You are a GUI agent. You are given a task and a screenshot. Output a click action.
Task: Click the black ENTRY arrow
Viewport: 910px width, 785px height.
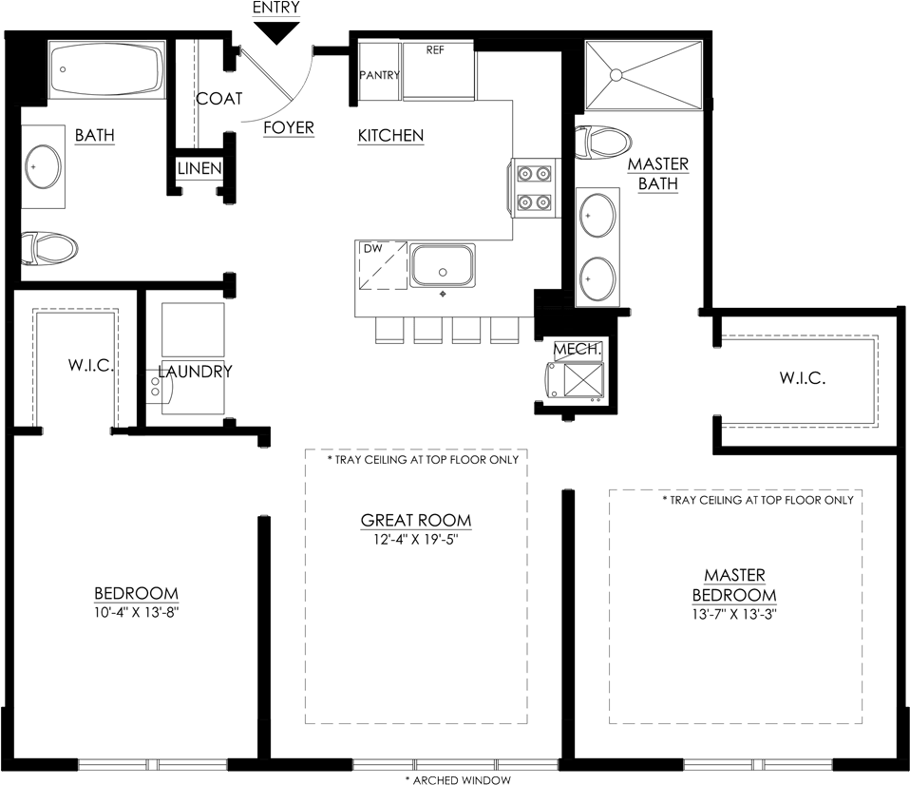click(276, 33)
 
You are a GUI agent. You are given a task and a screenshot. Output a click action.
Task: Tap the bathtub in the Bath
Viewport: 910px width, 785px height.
click(106, 70)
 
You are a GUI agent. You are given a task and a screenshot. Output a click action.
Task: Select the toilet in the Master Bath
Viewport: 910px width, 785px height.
click(603, 143)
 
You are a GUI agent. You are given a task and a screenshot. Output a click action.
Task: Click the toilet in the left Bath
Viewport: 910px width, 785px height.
click(48, 248)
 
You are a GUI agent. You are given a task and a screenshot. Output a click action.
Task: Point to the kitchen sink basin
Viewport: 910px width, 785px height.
click(443, 265)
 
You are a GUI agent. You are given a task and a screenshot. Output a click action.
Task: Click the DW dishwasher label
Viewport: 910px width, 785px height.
click(373, 248)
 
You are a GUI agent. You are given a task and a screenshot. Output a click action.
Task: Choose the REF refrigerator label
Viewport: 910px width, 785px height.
click(435, 50)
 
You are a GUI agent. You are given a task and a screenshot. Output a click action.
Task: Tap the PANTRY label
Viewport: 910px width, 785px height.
click(380, 75)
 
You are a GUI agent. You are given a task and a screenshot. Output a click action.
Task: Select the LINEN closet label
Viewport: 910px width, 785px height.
click(199, 168)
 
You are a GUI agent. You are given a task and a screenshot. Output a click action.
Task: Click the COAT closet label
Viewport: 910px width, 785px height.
click(218, 99)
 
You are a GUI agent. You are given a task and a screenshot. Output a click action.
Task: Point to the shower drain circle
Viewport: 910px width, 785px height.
click(616, 75)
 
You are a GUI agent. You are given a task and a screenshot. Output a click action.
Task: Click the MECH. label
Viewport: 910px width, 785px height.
click(578, 349)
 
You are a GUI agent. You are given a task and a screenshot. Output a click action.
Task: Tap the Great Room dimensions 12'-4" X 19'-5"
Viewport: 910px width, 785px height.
click(415, 540)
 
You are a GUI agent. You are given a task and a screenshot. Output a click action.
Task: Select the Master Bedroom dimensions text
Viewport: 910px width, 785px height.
click(734, 614)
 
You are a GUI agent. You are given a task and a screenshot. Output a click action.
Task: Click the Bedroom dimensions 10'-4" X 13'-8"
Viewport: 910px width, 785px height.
click(137, 612)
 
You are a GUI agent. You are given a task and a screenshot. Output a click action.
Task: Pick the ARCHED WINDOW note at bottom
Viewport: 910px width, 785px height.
click(458, 780)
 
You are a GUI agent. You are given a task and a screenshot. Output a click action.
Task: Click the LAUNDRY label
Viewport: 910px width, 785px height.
click(195, 372)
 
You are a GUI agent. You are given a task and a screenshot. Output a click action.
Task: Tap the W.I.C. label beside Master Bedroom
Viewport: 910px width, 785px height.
click(803, 378)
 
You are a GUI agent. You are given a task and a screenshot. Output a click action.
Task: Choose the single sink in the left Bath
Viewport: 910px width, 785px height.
click(44, 166)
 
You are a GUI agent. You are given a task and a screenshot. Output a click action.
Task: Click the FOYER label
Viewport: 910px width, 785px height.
click(289, 127)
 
